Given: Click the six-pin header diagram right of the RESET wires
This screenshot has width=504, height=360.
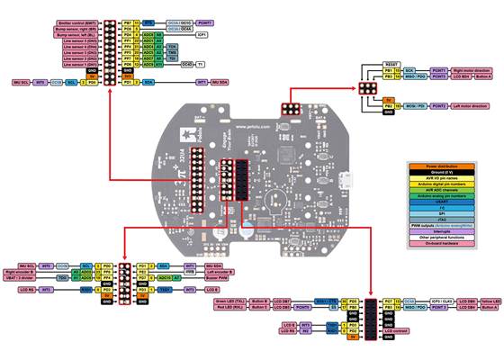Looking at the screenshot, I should coord(367,87).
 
